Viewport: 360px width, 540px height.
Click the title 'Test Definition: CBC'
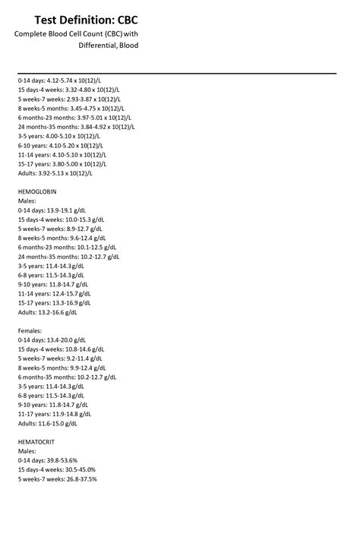pyautogui.click(x=86, y=19)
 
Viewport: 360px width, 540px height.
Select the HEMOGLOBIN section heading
pyautogui.click(x=37, y=191)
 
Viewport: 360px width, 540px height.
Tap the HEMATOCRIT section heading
pyautogui.click(x=36, y=441)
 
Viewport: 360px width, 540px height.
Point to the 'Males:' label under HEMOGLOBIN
pyautogui.click(x=27, y=201)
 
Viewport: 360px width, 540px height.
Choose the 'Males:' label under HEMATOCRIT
pyautogui.click(x=27, y=450)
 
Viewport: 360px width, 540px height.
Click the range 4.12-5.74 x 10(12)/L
pyautogui.click(x=78, y=81)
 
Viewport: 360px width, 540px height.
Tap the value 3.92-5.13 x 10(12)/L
pyautogui.click(x=65, y=172)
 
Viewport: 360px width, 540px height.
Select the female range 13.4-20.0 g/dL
pyautogui.click(x=66, y=339)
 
